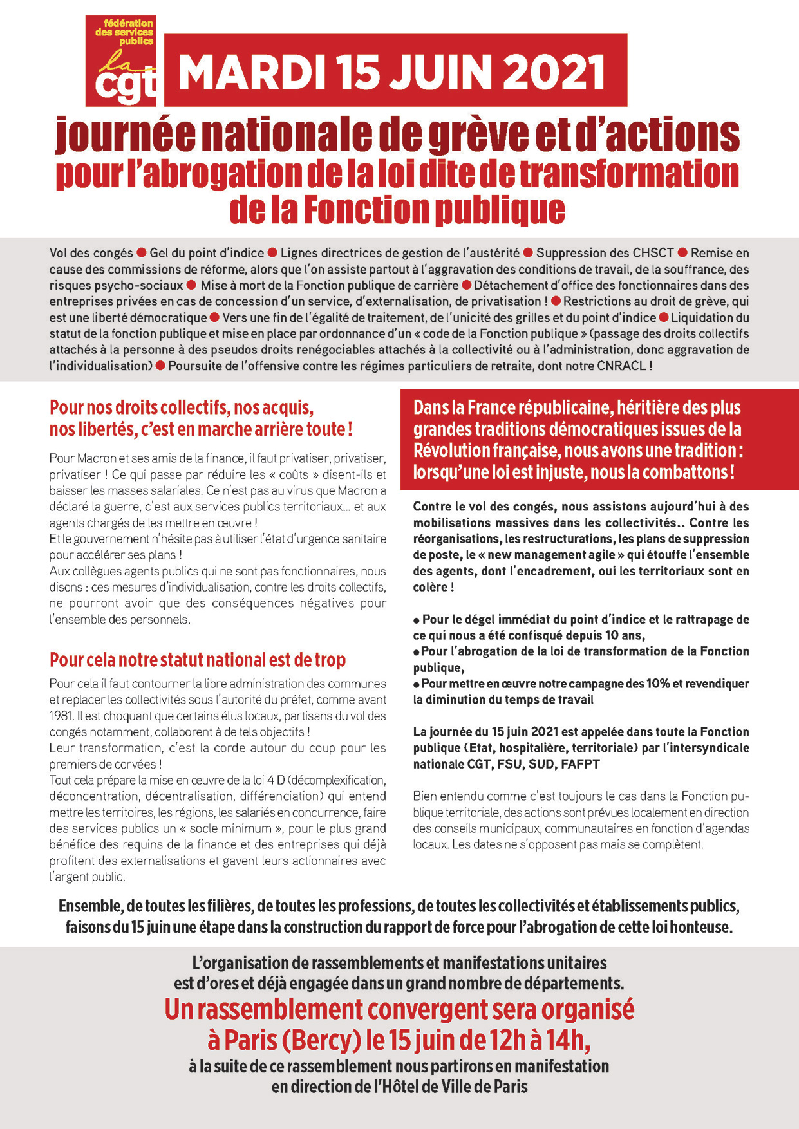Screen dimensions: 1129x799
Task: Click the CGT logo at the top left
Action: click(x=122, y=61)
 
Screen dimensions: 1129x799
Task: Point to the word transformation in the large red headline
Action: click(x=629, y=174)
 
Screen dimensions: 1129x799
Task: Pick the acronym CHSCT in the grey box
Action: click(x=650, y=253)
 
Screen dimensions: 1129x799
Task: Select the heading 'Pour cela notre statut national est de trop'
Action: click(x=198, y=660)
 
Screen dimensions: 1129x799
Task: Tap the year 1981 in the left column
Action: click(x=61, y=716)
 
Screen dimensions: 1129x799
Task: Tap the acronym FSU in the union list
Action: click(x=509, y=764)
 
